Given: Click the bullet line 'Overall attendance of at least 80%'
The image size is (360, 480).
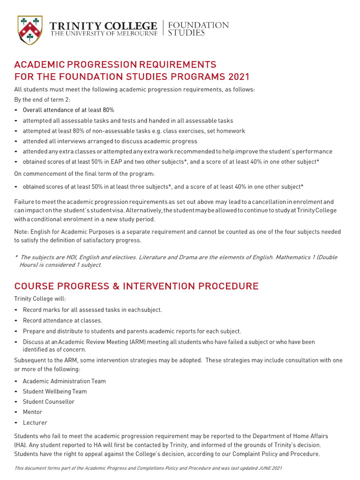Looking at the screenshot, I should click(x=68, y=110).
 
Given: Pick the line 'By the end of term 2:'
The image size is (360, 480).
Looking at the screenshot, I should click(x=42, y=100).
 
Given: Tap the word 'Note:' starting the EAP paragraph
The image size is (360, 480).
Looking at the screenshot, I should click(x=22, y=232).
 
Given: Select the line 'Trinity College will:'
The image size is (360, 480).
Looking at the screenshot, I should click(x=40, y=299).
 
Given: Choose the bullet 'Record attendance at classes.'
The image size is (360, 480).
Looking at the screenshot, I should click(x=62, y=321).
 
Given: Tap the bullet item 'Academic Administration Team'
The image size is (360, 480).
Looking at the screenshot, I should click(x=64, y=381).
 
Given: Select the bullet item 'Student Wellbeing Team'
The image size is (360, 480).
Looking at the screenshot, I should click(x=55, y=391).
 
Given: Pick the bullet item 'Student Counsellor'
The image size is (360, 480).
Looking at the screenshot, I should click(x=49, y=402).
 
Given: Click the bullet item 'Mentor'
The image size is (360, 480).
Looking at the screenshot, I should click(x=32, y=412).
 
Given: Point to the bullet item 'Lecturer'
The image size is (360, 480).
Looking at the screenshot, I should click(x=35, y=422).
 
